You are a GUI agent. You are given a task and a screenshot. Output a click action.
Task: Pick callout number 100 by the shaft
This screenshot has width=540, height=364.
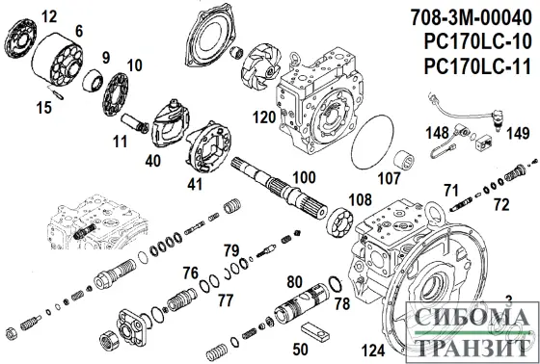click(305, 177)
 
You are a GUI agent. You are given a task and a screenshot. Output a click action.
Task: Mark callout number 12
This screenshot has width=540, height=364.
click(49, 14)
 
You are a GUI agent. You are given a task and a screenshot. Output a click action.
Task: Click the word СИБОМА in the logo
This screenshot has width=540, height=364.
click(468, 317)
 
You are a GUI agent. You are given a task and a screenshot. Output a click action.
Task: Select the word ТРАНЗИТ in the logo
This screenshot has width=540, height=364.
click(468, 342)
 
